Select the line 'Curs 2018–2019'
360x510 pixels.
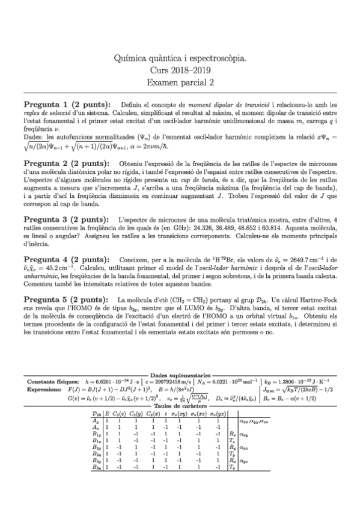coord(180,70)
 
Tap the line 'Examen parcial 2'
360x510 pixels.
coord(180,82)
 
